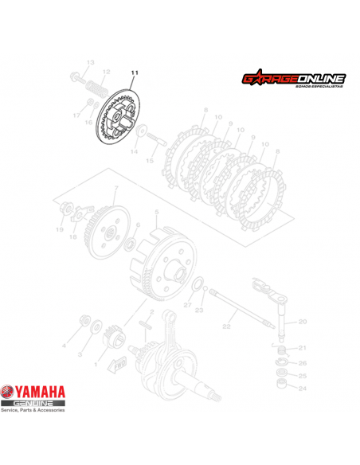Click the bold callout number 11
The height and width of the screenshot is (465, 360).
[x=135, y=73]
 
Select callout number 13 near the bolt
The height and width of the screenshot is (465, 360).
[x=90, y=62]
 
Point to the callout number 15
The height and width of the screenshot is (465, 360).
[x=148, y=160]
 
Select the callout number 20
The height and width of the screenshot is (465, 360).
[x=302, y=322]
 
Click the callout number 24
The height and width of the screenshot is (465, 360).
[x=302, y=389]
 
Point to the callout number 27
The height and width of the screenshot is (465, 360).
[x=188, y=305]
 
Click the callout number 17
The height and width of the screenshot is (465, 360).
[x=76, y=115]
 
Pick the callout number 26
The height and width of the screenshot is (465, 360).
[x=302, y=362]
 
